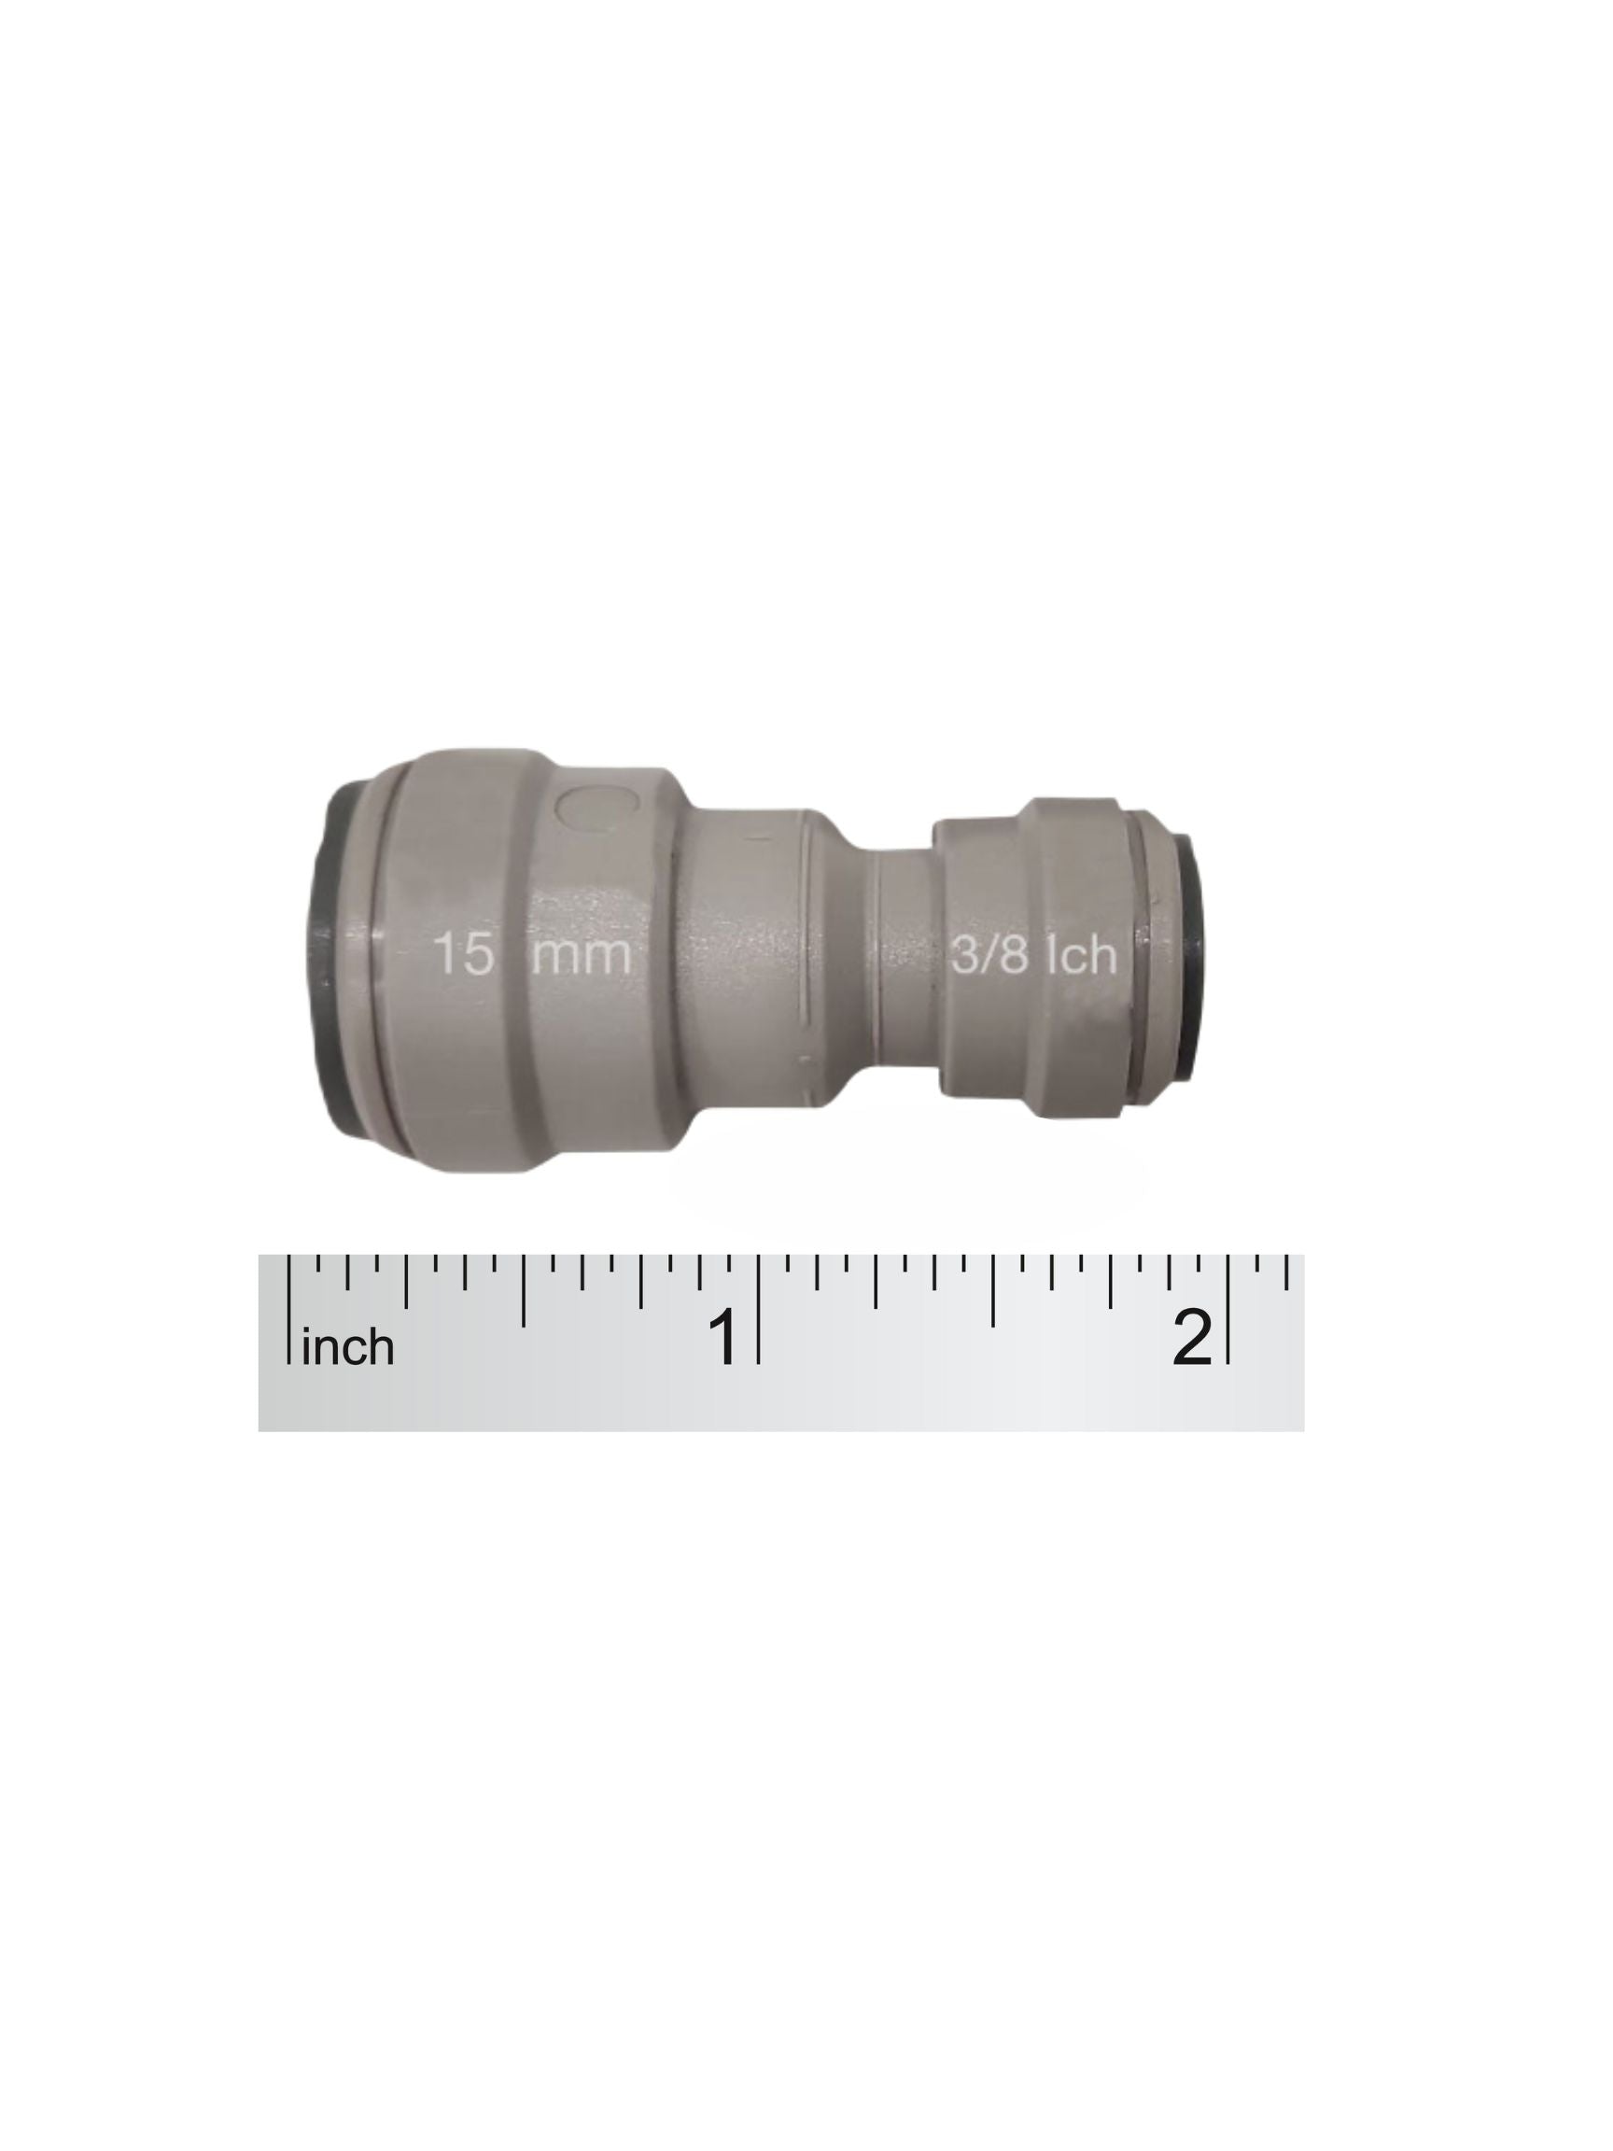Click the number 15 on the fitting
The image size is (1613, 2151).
point(464,953)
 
